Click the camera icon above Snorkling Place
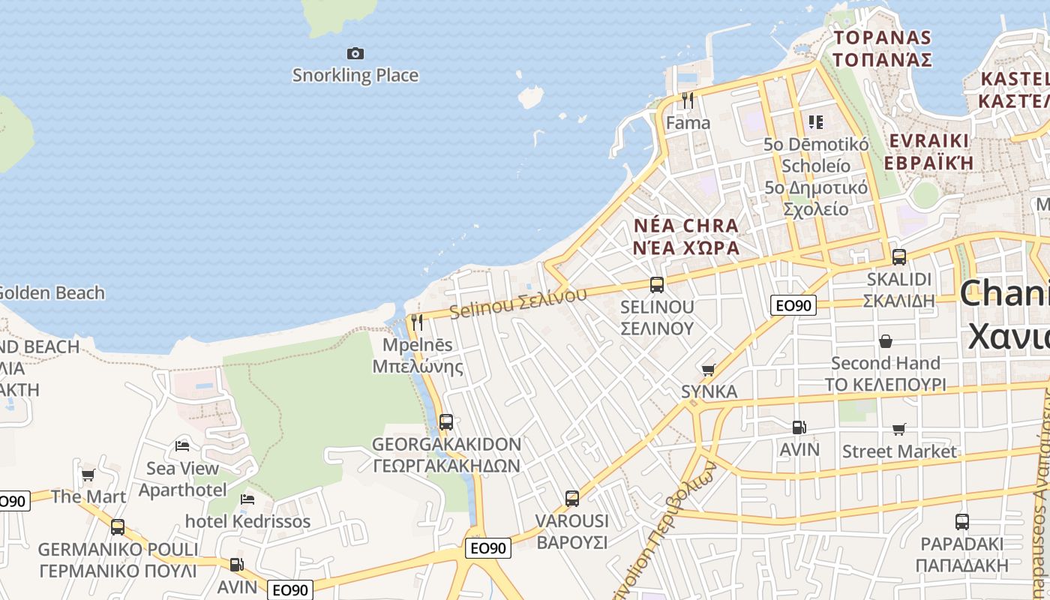(x=355, y=53)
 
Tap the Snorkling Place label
(x=355, y=75)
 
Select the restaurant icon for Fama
(x=688, y=100)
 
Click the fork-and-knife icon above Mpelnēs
(x=417, y=322)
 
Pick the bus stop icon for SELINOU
(x=657, y=284)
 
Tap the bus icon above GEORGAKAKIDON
(x=446, y=421)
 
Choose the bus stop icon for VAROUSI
(x=572, y=498)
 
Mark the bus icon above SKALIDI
(x=898, y=256)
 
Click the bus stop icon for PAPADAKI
(x=962, y=522)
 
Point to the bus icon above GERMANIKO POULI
(x=118, y=526)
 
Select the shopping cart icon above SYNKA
(x=708, y=370)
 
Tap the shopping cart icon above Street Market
(x=899, y=429)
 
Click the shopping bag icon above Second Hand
(x=886, y=341)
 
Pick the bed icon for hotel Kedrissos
(x=247, y=499)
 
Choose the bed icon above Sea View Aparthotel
(x=182, y=445)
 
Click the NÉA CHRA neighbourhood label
(x=686, y=225)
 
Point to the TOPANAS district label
(x=883, y=37)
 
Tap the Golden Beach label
(x=52, y=292)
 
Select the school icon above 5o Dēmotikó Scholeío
(x=815, y=121)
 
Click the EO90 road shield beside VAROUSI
(x=488, y=548)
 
